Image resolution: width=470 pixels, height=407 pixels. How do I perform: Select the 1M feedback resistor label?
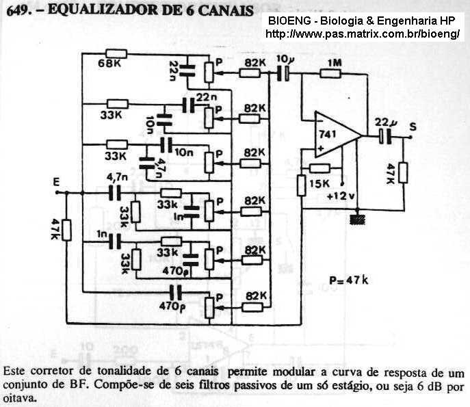tap(334, 64)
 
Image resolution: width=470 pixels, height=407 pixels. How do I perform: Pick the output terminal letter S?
tap(412, 125)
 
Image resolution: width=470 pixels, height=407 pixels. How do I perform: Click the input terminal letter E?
tap(59, 181)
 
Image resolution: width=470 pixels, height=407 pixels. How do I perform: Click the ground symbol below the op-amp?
tap(356, 220)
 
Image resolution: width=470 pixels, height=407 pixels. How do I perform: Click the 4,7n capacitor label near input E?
tap(116, 178)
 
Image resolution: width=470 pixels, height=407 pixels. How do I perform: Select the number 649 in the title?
tap(17, 10)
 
